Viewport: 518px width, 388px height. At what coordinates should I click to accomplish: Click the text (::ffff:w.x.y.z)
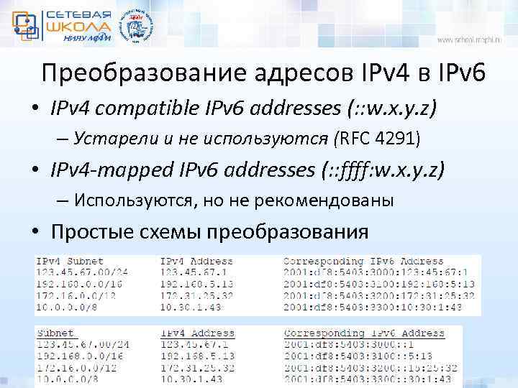(386, 171)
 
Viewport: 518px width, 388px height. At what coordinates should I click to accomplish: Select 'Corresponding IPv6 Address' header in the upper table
(363, 262)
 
